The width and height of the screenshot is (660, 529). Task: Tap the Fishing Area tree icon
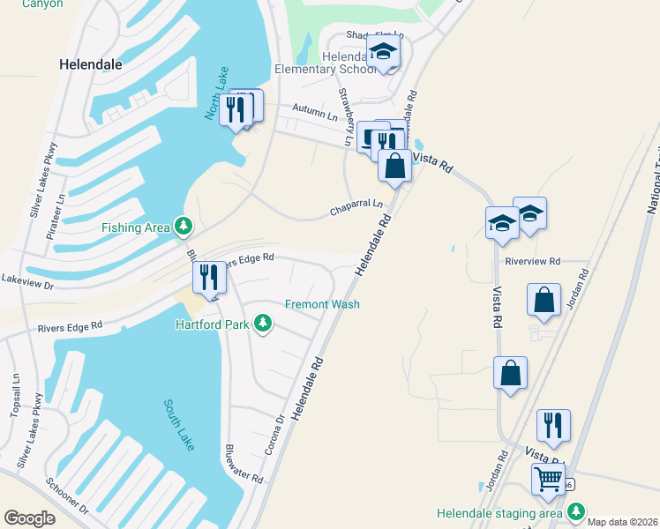pos(184,227)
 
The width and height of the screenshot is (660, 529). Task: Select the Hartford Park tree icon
pos(262,324)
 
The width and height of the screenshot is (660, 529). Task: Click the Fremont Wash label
pos(322,304)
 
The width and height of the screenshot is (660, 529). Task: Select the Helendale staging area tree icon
pos(576,511)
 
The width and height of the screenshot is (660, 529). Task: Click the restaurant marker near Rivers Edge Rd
pos(209,277)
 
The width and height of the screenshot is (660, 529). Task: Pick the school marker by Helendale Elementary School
pos(383,52)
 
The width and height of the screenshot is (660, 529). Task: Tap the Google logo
pos(30,518)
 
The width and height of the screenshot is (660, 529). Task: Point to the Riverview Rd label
pos(533,261)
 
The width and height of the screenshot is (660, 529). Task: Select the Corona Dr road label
pos(275,436)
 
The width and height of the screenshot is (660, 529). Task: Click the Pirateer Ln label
pos(61,211)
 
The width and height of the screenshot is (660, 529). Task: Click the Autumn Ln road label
pos(320,115)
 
